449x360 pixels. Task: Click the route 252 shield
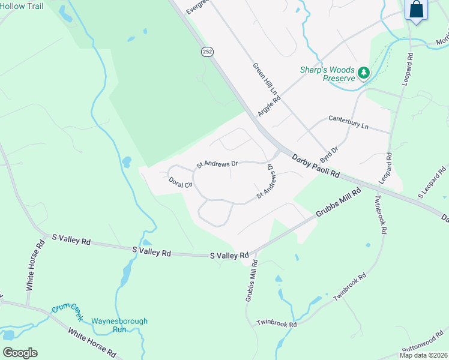[206, 52]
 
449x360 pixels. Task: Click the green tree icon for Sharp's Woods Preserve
[363, 73]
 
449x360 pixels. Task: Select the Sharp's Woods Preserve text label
[328, 74]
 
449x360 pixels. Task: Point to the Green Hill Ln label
[264, 80]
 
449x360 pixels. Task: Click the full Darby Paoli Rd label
[316, 166]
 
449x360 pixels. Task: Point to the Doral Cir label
[179, 182]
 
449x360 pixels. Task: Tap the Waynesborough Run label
[119, 325]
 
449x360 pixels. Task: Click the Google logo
[20, 352]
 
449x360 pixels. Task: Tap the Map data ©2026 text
[423, 355]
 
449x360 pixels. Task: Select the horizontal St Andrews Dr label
[218, 163]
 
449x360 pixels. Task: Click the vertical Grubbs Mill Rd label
[251, 280]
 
